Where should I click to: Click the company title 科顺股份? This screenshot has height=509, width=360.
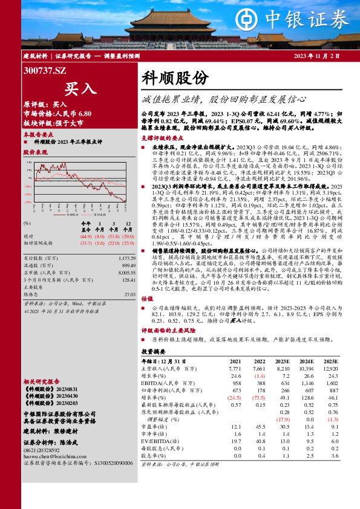pos(175,78)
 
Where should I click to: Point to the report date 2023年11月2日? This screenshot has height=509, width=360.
pos(317,56)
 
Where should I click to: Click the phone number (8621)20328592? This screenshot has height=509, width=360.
pos(43,449)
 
